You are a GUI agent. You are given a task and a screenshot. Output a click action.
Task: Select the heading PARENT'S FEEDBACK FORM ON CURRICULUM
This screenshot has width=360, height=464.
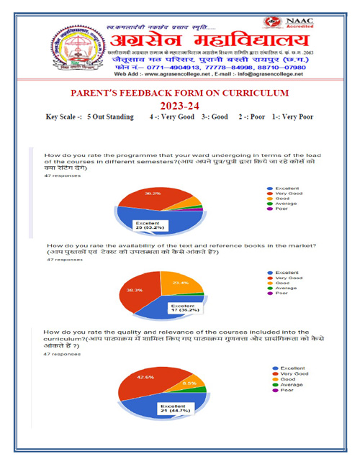180,94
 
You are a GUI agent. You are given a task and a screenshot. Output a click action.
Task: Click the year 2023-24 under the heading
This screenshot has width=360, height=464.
180,105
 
